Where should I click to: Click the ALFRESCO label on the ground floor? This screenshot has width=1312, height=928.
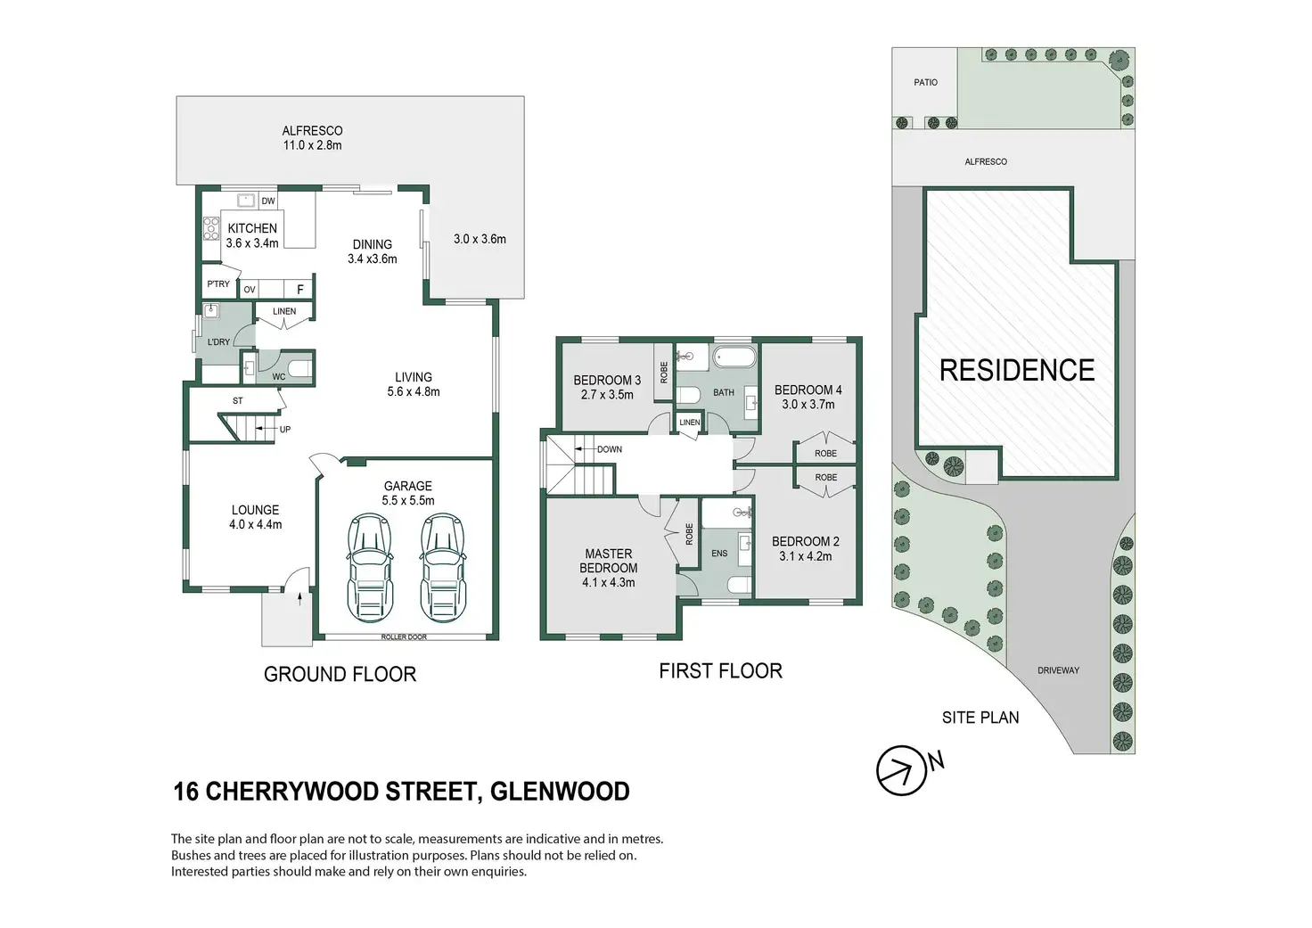312,131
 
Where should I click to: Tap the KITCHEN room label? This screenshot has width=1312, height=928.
252,228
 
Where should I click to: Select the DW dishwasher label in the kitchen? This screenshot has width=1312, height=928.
268,201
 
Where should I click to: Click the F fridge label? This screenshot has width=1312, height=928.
300,290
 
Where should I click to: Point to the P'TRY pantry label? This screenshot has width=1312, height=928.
218,284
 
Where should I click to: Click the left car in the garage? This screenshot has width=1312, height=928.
370,567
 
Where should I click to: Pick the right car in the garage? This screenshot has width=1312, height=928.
442,567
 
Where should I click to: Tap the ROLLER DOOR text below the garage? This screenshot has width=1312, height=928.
404,637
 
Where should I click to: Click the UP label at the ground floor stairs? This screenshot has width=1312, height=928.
285,430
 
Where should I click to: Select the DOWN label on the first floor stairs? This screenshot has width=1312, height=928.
610,449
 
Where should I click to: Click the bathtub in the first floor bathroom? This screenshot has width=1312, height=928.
734,358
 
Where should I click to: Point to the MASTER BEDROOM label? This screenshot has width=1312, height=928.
609,561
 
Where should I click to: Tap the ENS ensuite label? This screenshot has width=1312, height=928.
719,554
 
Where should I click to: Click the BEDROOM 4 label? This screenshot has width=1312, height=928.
808,390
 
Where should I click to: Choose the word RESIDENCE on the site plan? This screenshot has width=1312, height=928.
1017,370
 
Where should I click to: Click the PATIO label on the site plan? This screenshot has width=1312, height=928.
926,82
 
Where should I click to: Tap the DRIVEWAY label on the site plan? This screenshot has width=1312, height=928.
1058,670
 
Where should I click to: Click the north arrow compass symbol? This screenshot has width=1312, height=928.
901,770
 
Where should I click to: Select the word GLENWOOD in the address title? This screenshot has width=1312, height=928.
560,792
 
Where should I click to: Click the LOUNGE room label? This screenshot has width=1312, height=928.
255,510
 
